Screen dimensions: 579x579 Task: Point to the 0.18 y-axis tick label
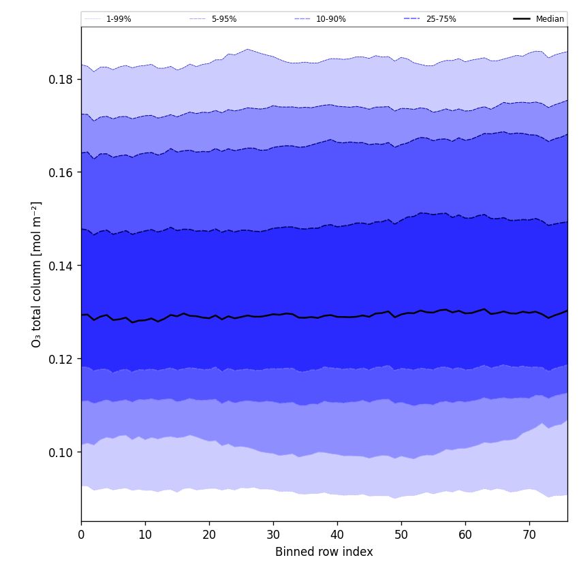(x=60, y=79)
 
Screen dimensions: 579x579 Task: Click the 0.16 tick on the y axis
(x=60, y=172)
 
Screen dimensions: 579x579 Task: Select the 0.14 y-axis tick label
(x=60, y=266)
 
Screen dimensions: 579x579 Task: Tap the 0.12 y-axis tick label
(x=60, y=359)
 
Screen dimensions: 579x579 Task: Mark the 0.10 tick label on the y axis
(x=60, y=452)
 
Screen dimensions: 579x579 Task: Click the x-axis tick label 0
(x=81, y=535)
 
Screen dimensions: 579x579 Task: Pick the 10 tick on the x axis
(x=145, y=535)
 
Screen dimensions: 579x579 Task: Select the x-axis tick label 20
(x=209, y=535)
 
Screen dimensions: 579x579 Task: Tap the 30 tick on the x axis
(x=273, y=535)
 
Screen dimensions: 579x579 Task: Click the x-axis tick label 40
(x=337, y=535)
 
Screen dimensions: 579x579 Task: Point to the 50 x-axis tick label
(x=401, y=535)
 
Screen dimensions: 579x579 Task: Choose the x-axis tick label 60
(x=465, y=535)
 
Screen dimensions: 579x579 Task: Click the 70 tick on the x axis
(x=529, y=535)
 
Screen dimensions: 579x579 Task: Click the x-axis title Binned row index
(x=324, y=552)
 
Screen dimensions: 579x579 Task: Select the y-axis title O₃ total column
(x=37, y=274)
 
